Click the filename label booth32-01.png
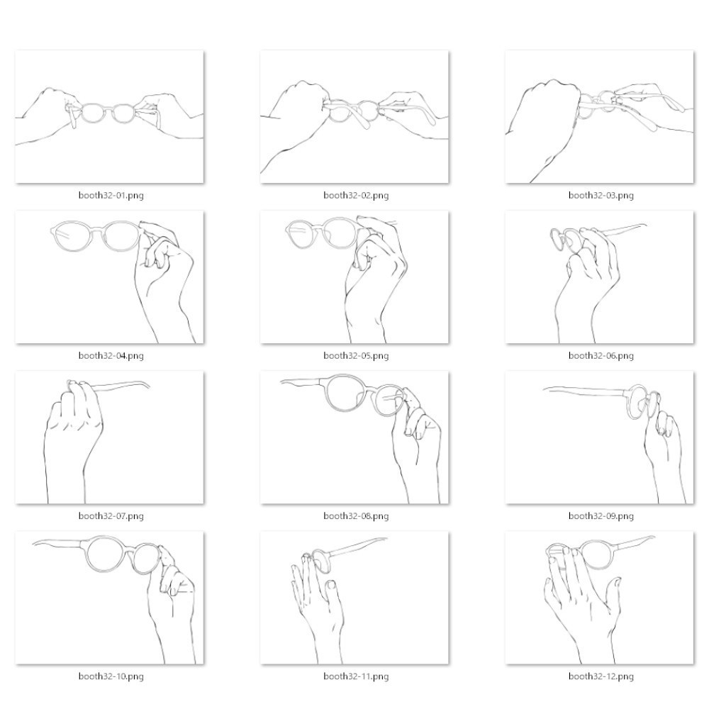(x=111, y=196)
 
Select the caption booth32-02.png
(x=356, y=196)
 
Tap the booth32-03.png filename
(x=601, y=196)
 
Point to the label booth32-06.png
(x=601, y=355)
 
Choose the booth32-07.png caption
(x=111, y=516)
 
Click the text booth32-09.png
(x=601, y=516)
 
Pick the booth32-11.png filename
(x=356, y=676)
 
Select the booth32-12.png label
(x=601, y=676)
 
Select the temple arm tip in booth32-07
(x=149, y=386)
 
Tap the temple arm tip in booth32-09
(x=545, y=389)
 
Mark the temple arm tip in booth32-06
(x=645, y=225)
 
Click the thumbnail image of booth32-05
(x=354, y=277)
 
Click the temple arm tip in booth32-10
(x=34, y=544)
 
